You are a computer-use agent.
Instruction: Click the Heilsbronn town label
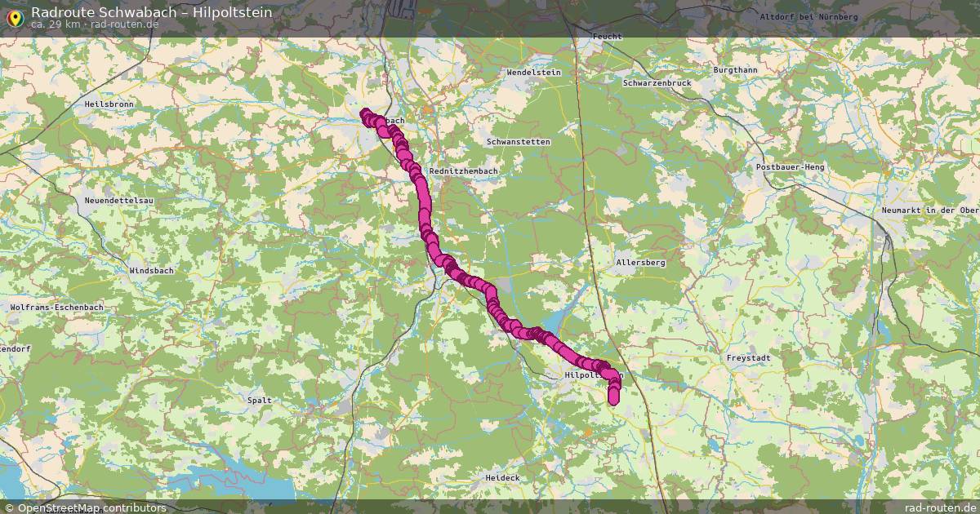pyautogui.click(x=109, y=104)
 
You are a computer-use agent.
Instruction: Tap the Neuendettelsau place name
pyautogui.click(x=119, y=200)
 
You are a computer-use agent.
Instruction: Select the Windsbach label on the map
pyautogui.click(x=151, y=270)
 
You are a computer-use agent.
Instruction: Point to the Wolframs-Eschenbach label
pyautogui.click(x=57, y=307)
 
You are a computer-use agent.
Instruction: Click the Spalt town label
pyautogui.click(x=260, y=401)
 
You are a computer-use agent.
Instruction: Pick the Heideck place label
pyautogui.click(x=502, y=477)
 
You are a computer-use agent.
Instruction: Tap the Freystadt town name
pyautogui.click(x=749, y=358)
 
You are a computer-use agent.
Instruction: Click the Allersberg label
pyautogui.click(x=641, y=263)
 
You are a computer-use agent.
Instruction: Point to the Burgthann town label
pyautogui.click(x=735, y=70)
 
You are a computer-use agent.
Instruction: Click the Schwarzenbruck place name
pyautogui.click(x=657, y=83)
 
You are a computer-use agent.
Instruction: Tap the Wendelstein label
pyautogui.click(x=534, y=73)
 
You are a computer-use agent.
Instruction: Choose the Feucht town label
pyautogui.click(x=608, y=37)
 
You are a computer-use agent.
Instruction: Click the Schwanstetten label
pyautogui.click(x=518, y=142)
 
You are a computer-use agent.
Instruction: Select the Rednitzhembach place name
pyautogui.click(x=463, y=171)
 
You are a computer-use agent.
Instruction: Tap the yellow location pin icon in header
pyautogui.click(x=14, y=16)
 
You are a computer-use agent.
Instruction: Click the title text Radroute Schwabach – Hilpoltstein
pyautogui.click(x=152, y=12)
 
